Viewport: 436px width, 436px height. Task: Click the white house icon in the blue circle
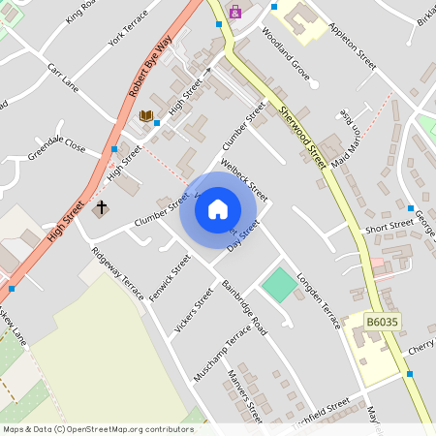[218, 208]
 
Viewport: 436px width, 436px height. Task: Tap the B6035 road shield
[383, 321]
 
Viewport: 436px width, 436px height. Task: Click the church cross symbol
[101, 207]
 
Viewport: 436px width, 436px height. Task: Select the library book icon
[145, 116]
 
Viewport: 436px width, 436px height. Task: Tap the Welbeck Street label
[244, 174]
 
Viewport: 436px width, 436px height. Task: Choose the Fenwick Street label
[171, 278]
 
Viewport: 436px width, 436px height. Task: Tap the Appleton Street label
[353, 46]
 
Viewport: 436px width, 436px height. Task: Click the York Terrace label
[128, 37]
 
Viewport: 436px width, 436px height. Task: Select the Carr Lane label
[63, 77]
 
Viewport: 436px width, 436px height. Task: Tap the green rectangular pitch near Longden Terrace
[279, 284]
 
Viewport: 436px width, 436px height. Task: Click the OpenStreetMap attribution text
[98, 428]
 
